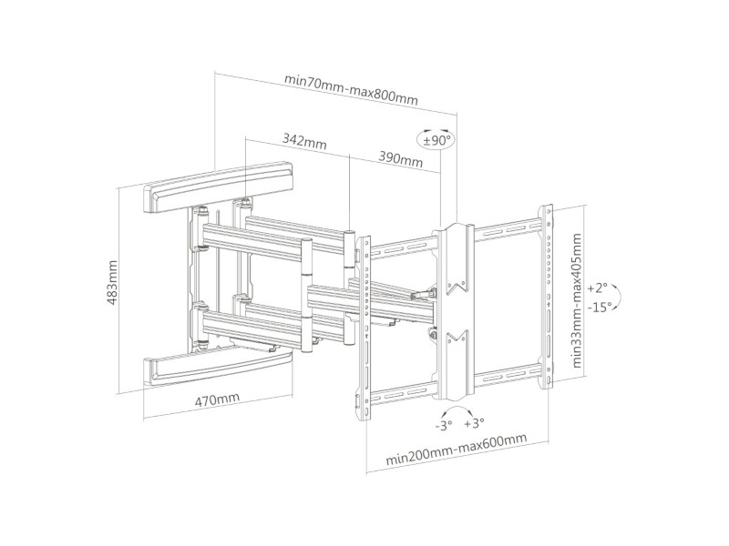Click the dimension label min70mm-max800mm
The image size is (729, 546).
pyautogui.click(x=351, y=77)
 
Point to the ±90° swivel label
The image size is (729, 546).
pyautogui.click(x=436, y=140)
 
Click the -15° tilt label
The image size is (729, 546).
pyautogui.click(x=598, y=307)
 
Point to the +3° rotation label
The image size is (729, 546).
pyautogui.click(x=473, y=424)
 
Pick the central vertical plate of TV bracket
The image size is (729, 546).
pyautogui.click(x=453, y=309)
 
